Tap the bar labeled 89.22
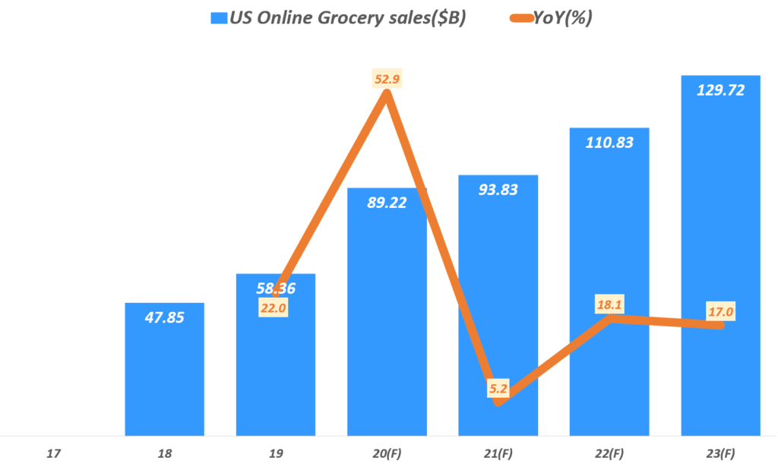(x=387, y=319)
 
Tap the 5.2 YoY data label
(x=498, y=389)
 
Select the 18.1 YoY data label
(x=609, y=304)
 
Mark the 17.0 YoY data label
(x=720, y=311)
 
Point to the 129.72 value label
(x=720, y=90)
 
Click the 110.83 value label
(x=609, y=142)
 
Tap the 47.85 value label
(x=164, y=317)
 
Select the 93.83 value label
(x=498, y=190)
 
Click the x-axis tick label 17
(x=53, y=454)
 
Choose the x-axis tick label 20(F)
(x=387, y=454)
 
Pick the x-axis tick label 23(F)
(x=720, y=454)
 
